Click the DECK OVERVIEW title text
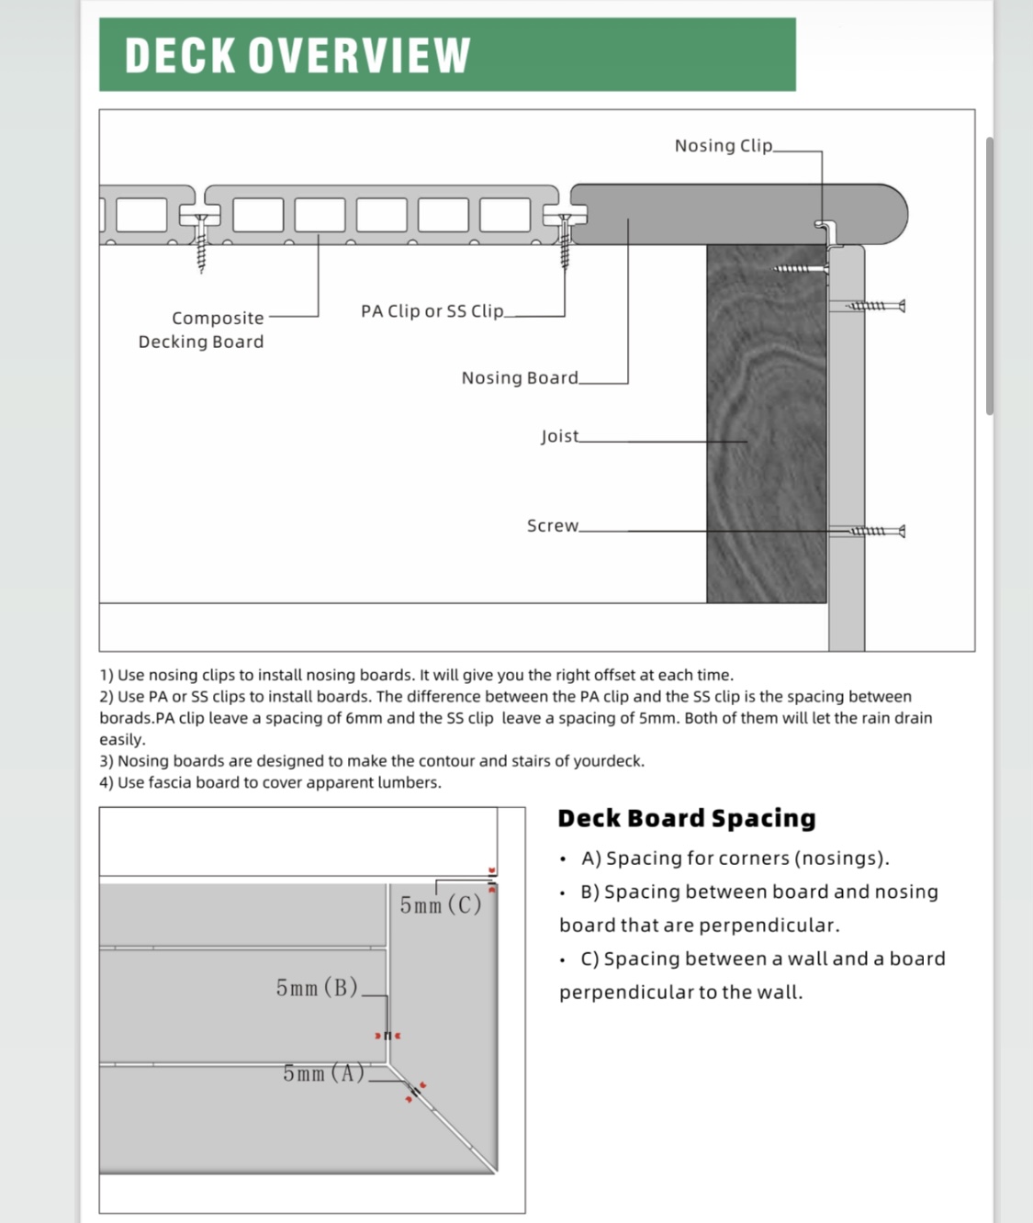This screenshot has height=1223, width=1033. (x=298, y=55)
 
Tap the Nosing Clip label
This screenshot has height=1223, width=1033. (x=724, y=146)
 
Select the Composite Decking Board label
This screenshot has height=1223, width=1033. (x=202, y=330)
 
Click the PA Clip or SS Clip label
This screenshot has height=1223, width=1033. (x=432, y=311)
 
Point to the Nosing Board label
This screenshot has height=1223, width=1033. (x=520, y=378)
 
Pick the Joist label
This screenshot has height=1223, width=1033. (x=559, y=436)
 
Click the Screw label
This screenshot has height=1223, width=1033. (x=552, y=526)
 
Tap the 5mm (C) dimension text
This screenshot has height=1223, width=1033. (x=441, y=905)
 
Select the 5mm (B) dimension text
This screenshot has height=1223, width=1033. (x=317, y=988)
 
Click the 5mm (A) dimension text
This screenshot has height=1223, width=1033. (x=323, y=1073)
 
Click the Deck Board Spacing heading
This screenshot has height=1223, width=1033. (x=686, y=818)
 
